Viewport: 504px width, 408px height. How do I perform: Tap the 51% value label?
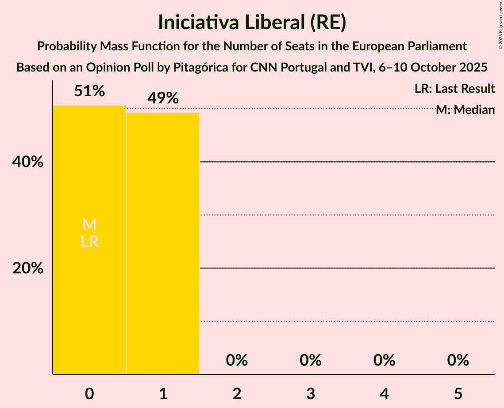coord(89,91)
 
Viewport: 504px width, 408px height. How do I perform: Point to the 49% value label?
coord(163,98)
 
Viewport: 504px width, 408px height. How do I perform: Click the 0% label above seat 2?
coord(237,360)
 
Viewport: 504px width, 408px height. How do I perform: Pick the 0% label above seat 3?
coord(311,360)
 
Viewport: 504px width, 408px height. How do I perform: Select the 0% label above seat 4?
coord(384,360)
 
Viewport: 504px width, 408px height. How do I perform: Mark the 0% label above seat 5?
coord(458,360)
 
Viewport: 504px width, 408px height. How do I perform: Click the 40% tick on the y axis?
coord(27,162)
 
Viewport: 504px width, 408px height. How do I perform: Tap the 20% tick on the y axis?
coord(27,268)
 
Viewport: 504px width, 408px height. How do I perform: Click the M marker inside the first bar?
coord(89,225)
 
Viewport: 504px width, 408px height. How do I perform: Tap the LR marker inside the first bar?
coord(89,242)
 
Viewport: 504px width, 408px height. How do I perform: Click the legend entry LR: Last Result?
coord(454,89)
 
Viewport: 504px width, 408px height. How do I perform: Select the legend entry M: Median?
coord(465,110)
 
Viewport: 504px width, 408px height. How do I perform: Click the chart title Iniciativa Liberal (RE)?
coord(252,23)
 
